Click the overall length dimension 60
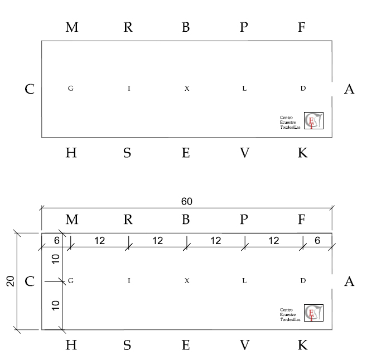click(186, 201)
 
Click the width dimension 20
click(10, 281)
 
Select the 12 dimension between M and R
click(100, 241)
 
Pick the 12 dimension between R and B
click(158, 241)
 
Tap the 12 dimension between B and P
click(216, 241)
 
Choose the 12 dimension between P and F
click(273, 241)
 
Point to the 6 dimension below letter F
click(317, 241)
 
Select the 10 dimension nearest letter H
click(55, 304)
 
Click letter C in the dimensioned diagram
click(30, 281)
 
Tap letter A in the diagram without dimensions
click(349, 89)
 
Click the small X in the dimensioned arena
click(187, 281)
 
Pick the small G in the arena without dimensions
click(71, 89)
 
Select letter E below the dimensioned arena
click(186, 346)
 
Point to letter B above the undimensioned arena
click(186, 27)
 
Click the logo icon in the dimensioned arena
click(313, 313)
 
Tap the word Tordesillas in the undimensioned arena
click(290, 128)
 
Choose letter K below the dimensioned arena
click(302, 346)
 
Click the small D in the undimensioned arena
click(303, 89)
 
